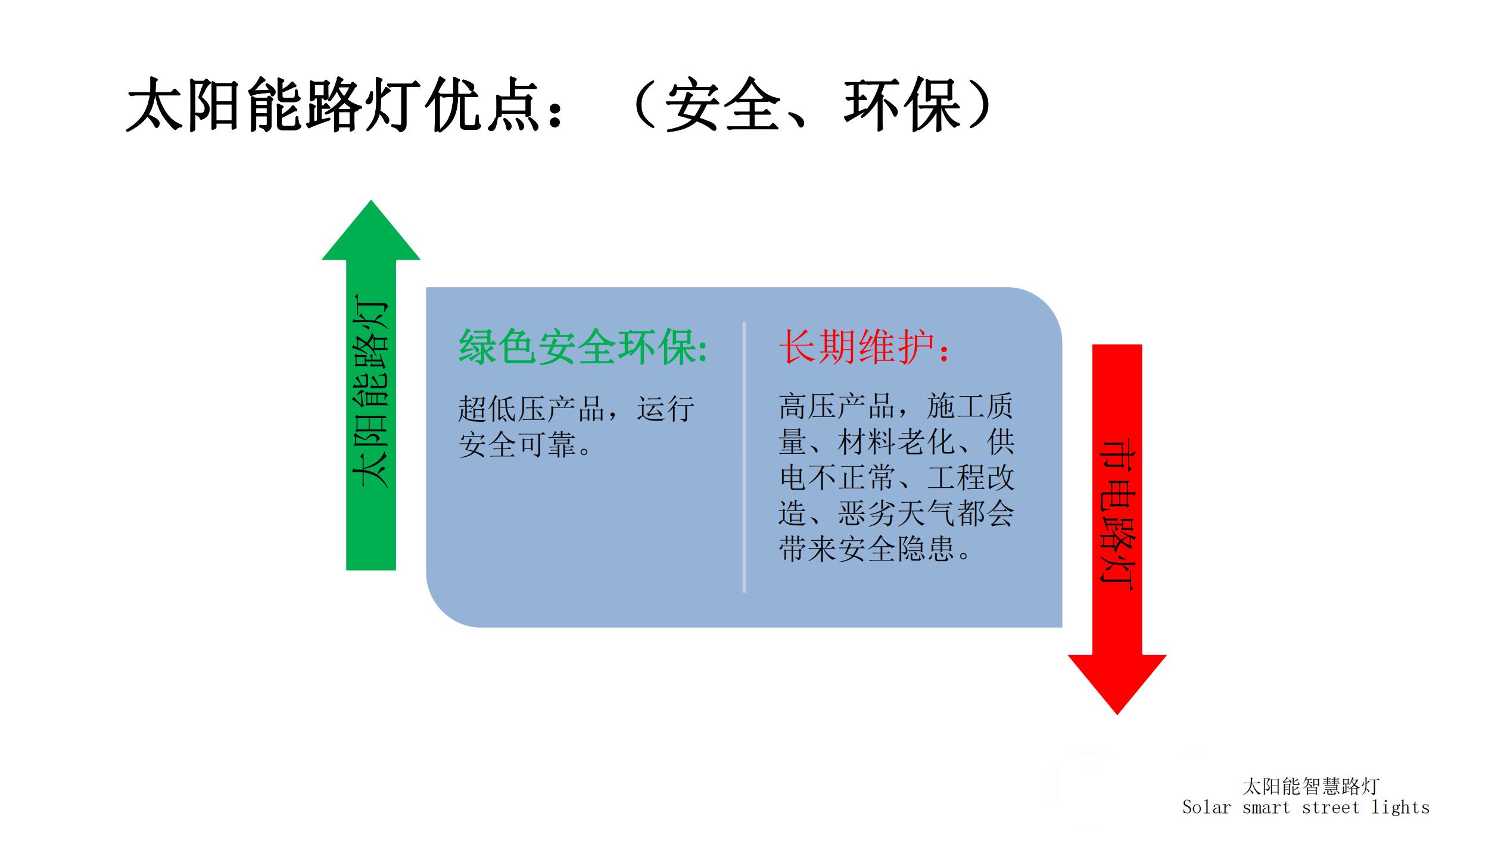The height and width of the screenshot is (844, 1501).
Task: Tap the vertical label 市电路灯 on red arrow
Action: pos(1117,515)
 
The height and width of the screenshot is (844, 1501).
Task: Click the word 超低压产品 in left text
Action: pos(531,409)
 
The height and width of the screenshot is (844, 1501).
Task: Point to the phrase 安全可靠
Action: pos(517,444)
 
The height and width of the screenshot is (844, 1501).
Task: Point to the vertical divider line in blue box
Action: pos(744,457)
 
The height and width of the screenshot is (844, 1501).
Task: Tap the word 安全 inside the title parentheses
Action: pos(723,105)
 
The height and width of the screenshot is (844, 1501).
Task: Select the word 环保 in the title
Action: pos(902,105)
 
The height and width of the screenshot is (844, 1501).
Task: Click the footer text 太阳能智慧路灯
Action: pos(1310,786)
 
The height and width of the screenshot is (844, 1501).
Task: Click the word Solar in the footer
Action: pos(1206,808)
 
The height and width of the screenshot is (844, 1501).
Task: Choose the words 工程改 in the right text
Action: pos(970,478)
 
